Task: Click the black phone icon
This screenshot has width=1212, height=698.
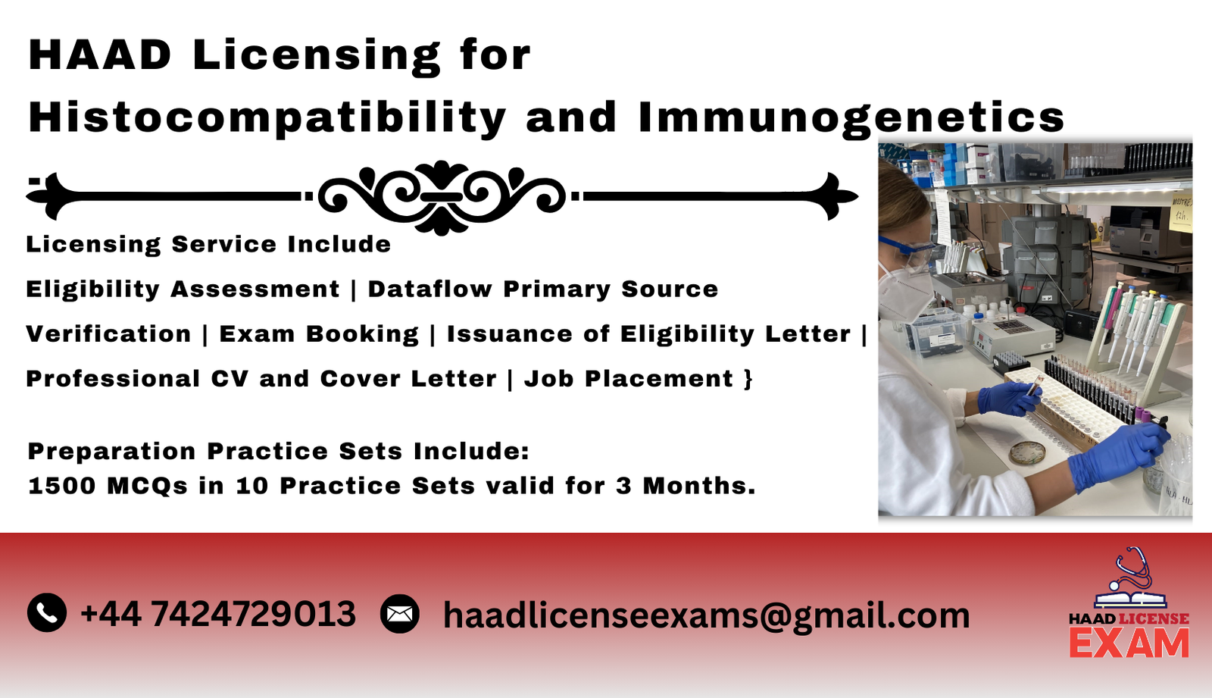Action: [47, 613]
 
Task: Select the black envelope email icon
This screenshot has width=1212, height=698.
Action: [400, 614]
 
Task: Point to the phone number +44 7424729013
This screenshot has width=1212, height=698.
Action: [218, 614]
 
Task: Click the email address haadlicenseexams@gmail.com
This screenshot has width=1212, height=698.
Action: [706, 615]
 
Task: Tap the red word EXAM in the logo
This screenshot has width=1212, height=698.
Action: [1129, 644]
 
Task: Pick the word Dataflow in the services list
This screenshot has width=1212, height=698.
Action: [430, 289]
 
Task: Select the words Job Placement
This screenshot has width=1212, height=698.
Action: [629, 378]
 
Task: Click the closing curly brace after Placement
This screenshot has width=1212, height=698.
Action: [748, 379]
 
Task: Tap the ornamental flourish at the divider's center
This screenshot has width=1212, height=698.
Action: [442, 197]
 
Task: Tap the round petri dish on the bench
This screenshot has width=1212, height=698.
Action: [1027, 452]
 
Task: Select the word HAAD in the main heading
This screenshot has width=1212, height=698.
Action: [100, 55]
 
